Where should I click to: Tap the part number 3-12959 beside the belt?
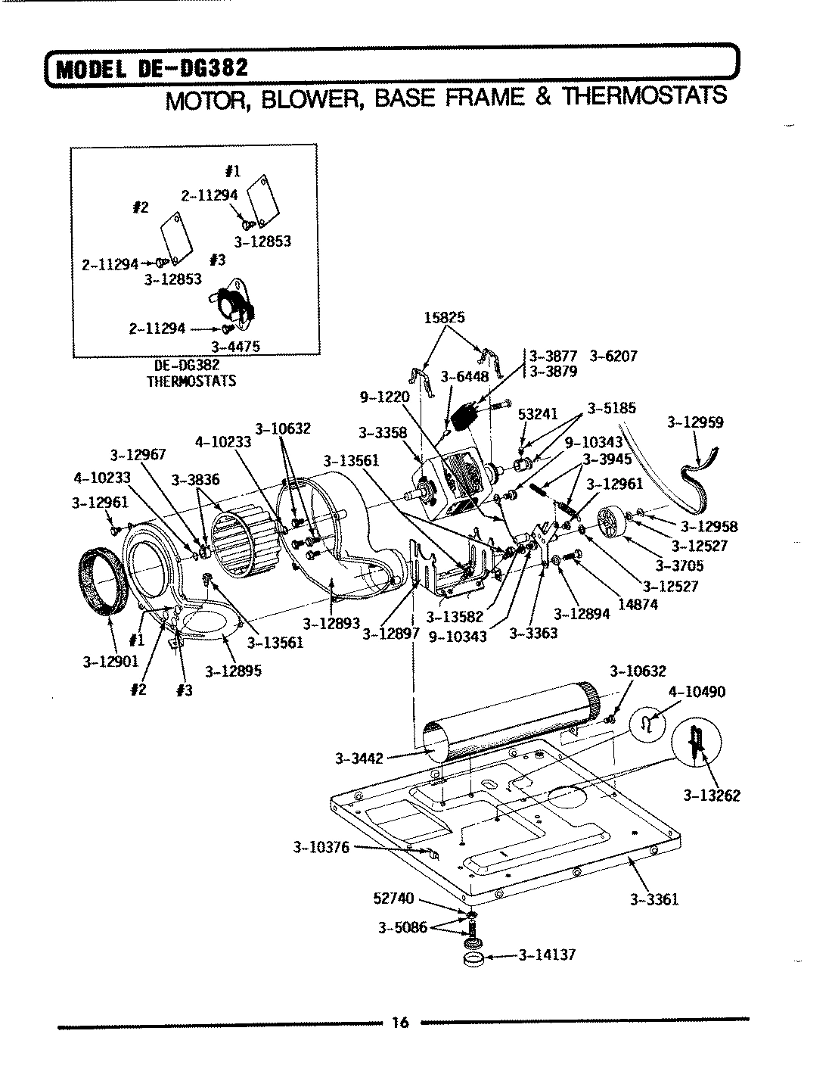coord(695,422)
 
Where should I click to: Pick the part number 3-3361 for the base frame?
coord(653,899)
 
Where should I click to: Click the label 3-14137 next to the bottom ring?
coord(546,955)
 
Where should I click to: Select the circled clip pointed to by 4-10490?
coord(647,724)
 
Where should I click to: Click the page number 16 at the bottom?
coord(399,1023)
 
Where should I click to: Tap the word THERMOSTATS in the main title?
coord(641,97)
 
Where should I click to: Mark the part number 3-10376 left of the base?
coord(321,847)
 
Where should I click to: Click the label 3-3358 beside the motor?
coord(383,433)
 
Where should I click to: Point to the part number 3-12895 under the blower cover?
coord(233,671)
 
